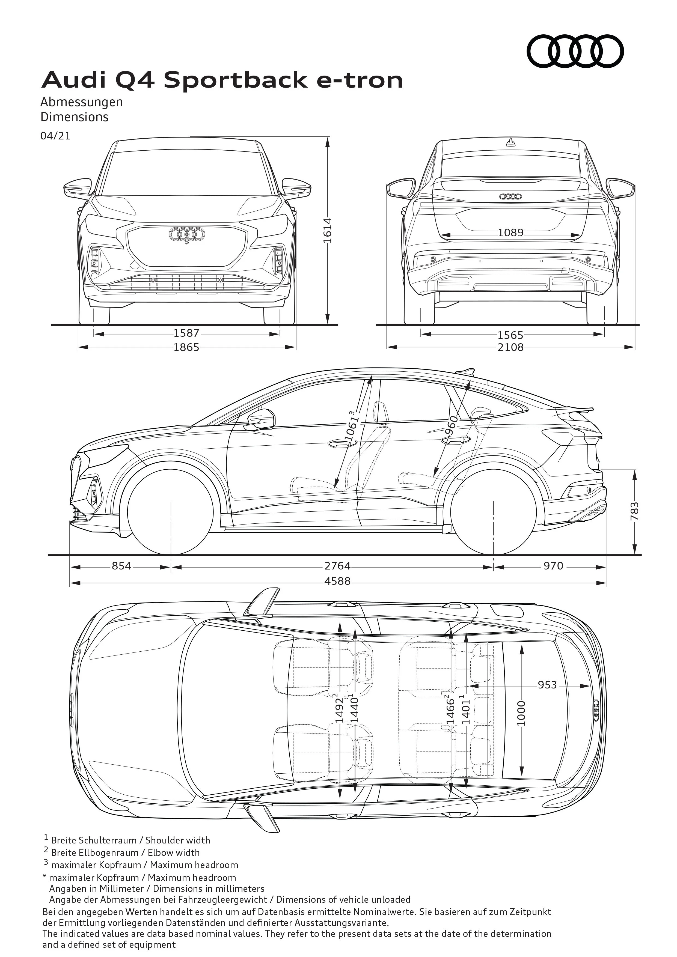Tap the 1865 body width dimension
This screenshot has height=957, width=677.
[x=186, y=347]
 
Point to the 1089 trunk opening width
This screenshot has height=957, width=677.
[x=511, y=232]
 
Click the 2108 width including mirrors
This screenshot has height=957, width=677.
[x=511, y=347]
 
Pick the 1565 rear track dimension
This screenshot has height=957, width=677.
[x=511, y=335]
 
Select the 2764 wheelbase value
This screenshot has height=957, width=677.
[x=338, y=566]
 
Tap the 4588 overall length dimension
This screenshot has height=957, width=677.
[x=338, y=581]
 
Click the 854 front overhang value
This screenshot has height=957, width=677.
[x=121, y=566]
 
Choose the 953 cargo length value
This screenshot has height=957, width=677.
[x=547, y=685]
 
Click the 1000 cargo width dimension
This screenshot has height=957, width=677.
[x=521, y=713]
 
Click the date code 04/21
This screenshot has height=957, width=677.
[x=55, y=136]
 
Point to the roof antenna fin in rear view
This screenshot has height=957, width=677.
[x=511, y=143]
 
